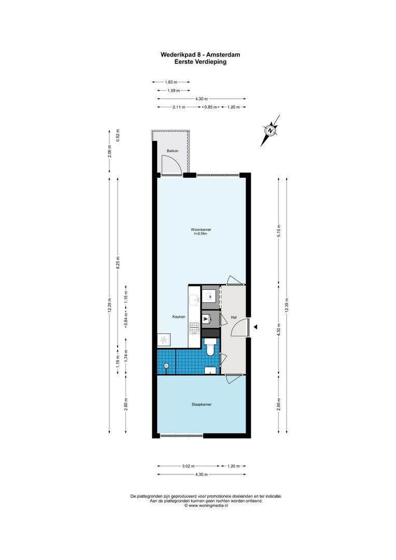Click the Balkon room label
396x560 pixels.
point(172,151)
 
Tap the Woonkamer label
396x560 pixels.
point(201,229)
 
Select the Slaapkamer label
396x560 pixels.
point(201,404)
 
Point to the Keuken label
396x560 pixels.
point(179,316)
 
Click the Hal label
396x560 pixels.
point(234,316)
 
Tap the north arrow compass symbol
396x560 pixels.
point(270,130)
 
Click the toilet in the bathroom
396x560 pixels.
point(210,348)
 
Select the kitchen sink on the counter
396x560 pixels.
point(194,299)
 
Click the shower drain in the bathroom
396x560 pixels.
point(166,366)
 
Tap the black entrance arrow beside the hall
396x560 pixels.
point(256,327)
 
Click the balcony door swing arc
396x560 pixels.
point(172,164)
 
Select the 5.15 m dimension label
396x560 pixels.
point(278,230)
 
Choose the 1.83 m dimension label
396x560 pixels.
point(171,82)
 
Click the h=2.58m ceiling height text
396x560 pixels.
point(201,234)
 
